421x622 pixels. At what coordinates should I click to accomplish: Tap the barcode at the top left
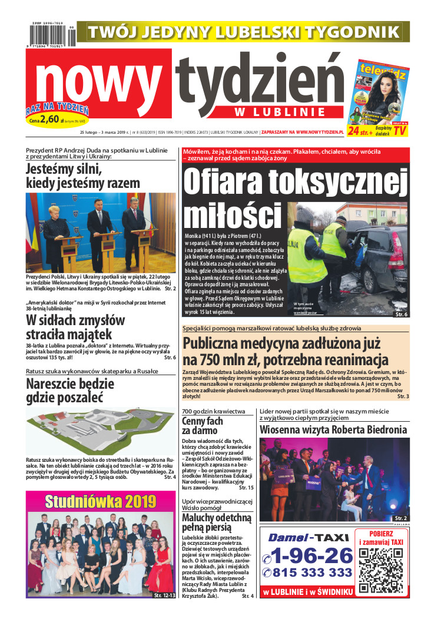(x=50, y=35)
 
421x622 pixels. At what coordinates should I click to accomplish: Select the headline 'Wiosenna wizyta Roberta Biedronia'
(x=333, y=430)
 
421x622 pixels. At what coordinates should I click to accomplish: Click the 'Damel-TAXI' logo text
(x=301, y=537)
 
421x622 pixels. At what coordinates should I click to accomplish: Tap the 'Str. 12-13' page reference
(x=164, y=595)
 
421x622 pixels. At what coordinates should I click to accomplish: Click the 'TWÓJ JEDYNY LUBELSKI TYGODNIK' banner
(x=243, y=31)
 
